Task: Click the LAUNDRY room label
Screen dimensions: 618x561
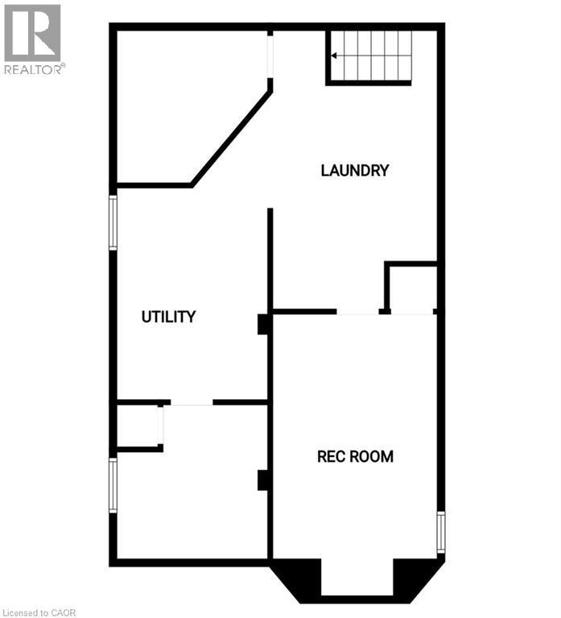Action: click(354, 171)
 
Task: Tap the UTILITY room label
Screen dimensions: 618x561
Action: click(168, 317)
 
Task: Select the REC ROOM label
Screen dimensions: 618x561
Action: click(355, 457)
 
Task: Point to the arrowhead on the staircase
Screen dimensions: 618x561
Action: click(335, 56)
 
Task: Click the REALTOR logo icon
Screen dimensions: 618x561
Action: click(32, 33)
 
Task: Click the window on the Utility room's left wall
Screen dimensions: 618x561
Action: click(113, 222)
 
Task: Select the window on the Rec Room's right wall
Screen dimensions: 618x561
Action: click(440, 532)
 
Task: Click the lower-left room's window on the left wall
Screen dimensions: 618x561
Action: click(113, 485)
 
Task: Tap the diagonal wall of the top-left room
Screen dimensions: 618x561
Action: click(232, 138)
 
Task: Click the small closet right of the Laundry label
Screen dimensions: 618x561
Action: click(413, 287)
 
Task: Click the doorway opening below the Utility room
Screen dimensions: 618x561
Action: click(192, 402)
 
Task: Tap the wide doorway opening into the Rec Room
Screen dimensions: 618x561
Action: click(357, 311)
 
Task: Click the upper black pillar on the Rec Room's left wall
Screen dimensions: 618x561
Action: click(262, 323)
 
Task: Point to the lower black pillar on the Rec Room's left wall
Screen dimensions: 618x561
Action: click(262, 480)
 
